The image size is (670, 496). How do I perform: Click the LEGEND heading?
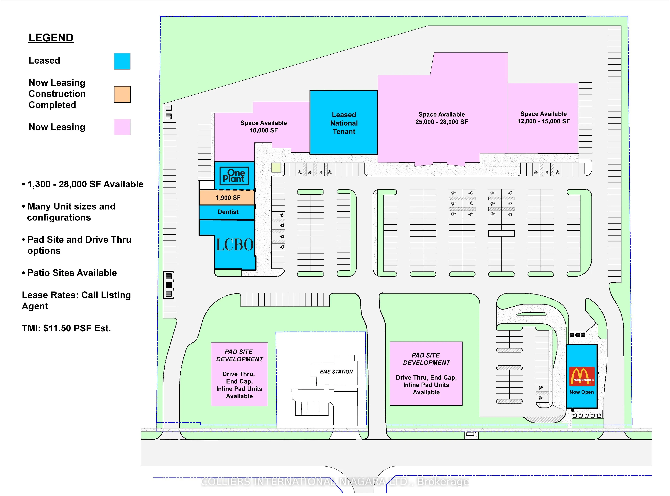[51, 38]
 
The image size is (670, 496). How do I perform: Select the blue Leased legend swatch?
[122, 61]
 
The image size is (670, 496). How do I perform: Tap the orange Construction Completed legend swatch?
[122, 94]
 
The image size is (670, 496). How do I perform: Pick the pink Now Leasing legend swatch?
[122, 127]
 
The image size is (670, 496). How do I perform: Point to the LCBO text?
[235, 245]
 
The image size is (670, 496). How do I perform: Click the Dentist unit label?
[228, 212]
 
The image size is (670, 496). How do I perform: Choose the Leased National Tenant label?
[344, 123]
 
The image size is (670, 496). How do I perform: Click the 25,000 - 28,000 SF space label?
[441, 118]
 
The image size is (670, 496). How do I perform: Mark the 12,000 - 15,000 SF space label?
[543, 118]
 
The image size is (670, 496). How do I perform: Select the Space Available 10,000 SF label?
[263, 127]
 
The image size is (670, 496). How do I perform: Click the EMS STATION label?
[336, 372]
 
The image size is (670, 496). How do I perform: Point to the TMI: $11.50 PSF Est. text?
[66, 328]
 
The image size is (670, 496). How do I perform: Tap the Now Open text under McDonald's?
[582, 392]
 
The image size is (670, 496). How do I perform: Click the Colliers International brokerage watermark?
[334, 482]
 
